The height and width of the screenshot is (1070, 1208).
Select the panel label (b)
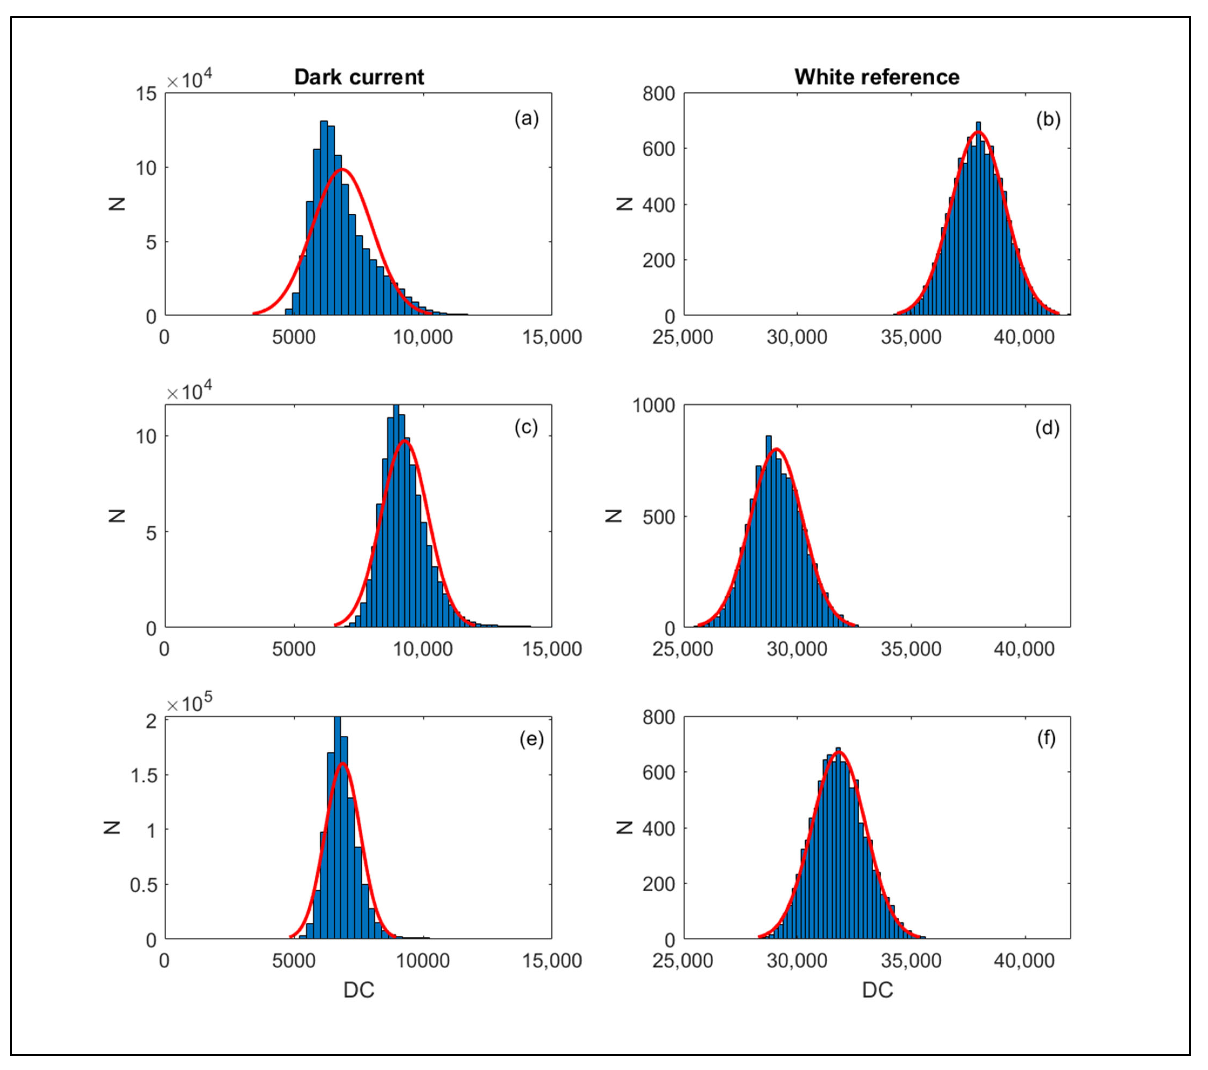[x=1048, y=119]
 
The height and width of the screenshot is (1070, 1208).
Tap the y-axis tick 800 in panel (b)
[x=658, y=94]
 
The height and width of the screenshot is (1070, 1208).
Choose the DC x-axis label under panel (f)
[x=877, y=990]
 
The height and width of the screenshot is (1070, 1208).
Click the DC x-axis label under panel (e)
[x=359, y=990]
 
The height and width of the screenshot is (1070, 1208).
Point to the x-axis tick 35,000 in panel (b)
[x=911, y=337]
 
